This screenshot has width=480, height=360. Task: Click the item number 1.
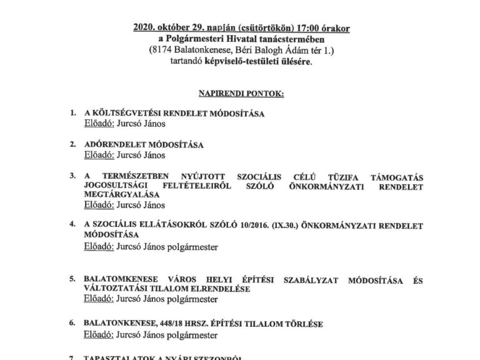(72, 114)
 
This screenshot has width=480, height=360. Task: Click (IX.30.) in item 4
(265, 226)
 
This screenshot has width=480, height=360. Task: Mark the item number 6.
(72, 325)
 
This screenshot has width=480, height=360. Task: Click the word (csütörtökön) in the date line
(242, 29)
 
